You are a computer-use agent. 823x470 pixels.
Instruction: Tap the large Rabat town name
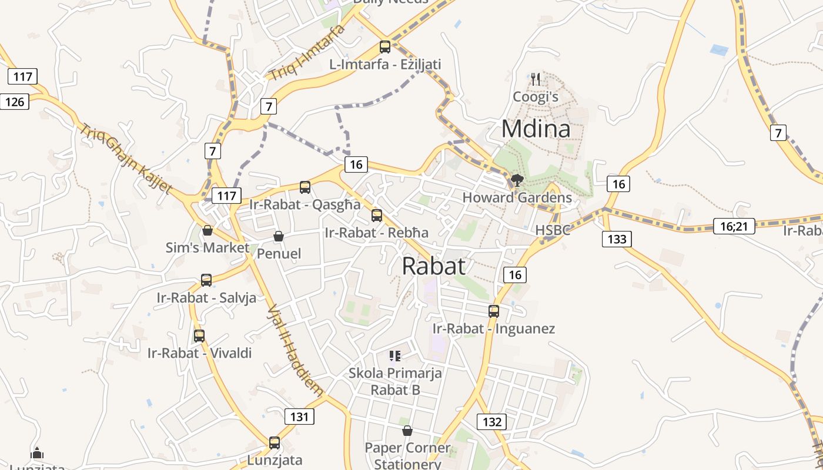434,266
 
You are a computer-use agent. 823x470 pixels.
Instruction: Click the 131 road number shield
299,417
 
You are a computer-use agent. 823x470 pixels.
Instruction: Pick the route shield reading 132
491,421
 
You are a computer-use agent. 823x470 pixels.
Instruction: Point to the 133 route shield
617,239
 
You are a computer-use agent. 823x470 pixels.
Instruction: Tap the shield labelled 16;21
734,226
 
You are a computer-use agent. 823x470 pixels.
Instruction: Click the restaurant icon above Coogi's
535,79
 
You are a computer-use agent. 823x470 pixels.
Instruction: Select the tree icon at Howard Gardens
517,180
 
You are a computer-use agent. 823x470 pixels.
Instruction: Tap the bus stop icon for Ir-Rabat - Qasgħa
305,187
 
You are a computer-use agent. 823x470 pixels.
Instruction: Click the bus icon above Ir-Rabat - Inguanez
494,311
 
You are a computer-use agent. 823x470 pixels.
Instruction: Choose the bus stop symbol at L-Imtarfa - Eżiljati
385,47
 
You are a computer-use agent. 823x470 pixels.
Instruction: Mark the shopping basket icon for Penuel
279,236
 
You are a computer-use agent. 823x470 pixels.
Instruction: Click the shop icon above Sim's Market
207,230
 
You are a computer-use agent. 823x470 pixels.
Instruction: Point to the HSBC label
553,230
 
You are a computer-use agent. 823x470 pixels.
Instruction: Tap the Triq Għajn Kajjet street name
126,159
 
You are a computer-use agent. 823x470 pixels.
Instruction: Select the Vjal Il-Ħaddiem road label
295,351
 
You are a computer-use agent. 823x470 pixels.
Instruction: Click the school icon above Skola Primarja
395,355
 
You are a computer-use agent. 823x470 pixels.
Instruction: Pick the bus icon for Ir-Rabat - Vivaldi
199,336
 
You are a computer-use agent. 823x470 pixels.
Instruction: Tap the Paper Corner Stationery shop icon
407,431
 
